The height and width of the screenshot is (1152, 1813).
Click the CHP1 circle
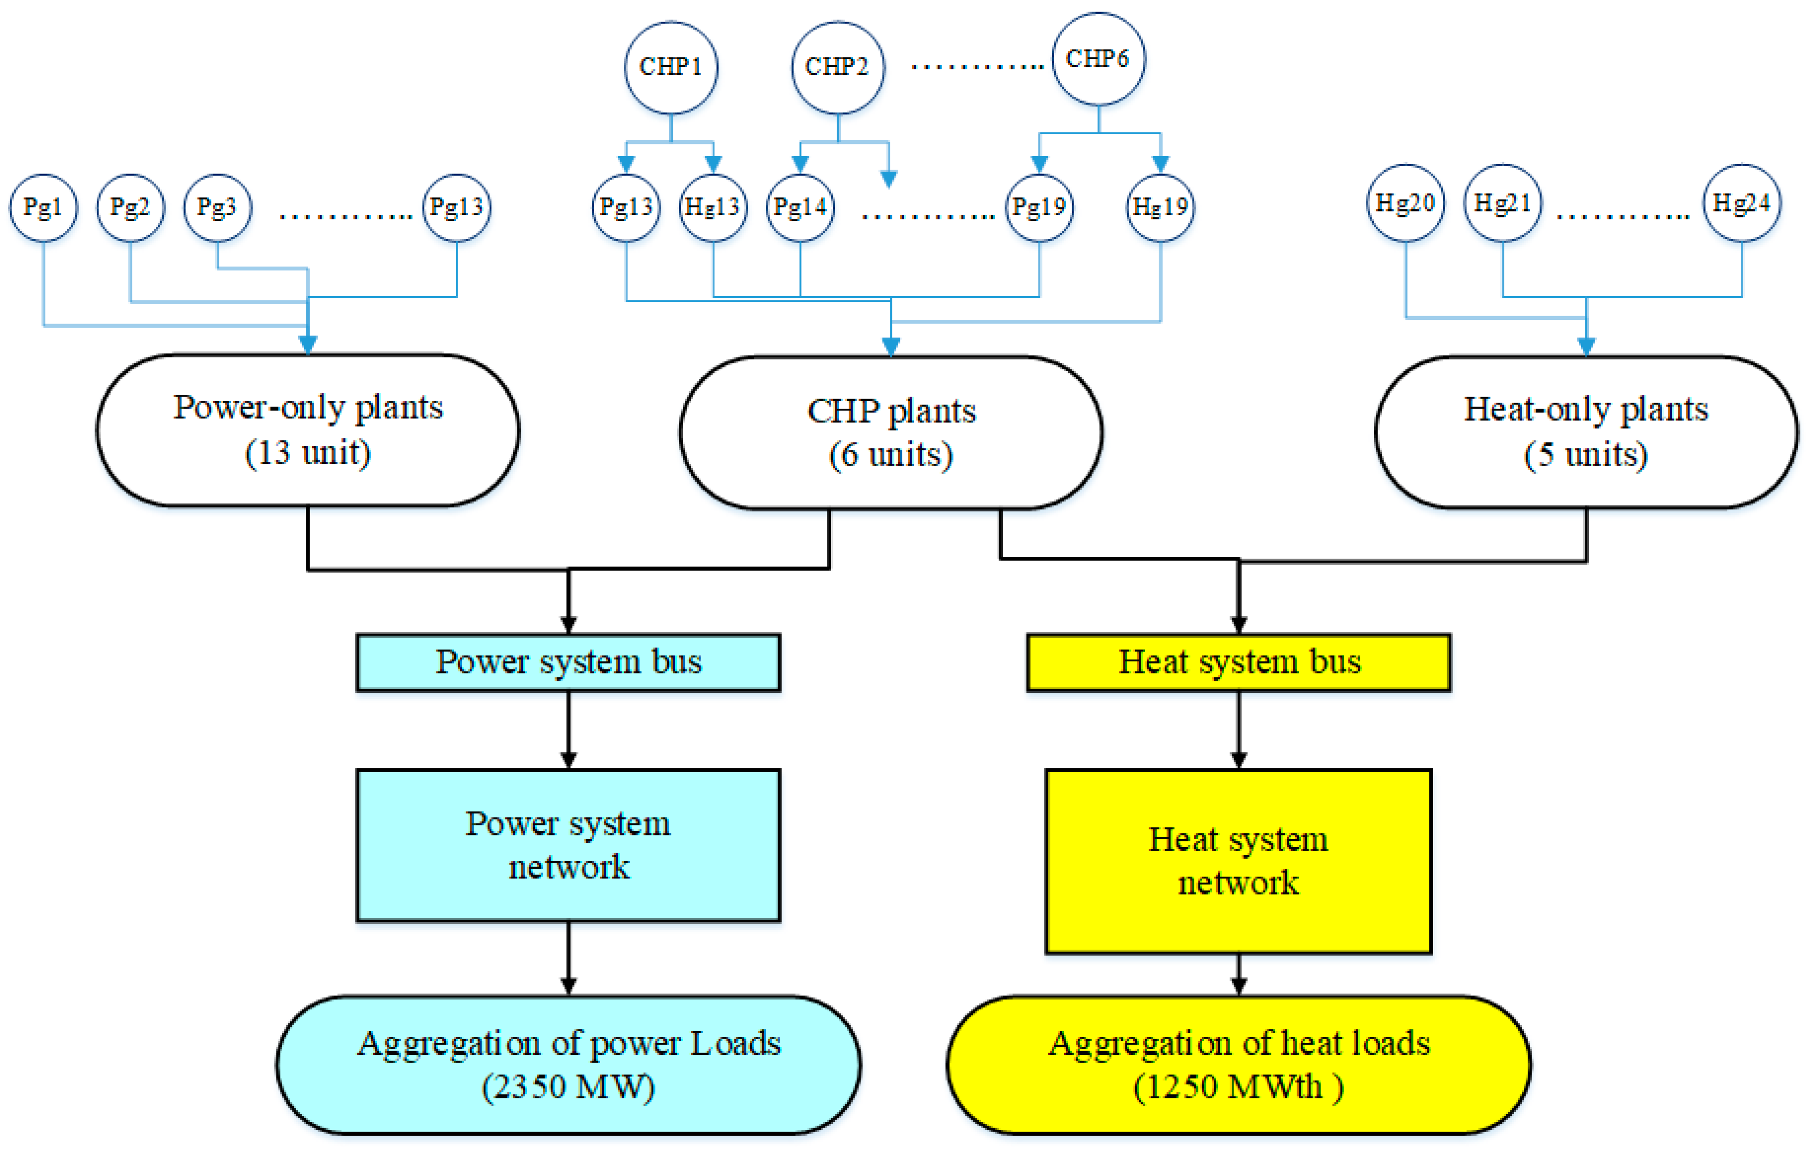(x=671, y=68)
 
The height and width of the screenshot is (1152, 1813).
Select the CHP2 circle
(x=838, y=68)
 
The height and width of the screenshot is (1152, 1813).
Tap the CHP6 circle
(x=1099, y=59)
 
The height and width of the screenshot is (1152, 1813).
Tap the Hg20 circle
(x=1406, y=203)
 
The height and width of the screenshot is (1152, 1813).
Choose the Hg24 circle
(x=1741, y=203)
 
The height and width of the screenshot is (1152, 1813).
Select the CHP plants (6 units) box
(x=891, y=433)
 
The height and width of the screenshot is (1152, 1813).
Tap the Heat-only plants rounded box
(x=1586, y=432)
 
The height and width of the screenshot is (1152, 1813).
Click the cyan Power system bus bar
(x=568, y=663)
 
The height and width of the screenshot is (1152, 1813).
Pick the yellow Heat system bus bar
(x=1239, y=663)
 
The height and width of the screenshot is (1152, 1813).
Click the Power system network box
(x=568, y=845)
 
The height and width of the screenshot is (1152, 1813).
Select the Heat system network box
(x=1239, y=861)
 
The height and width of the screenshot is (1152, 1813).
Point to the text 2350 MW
(x=568, y=1086)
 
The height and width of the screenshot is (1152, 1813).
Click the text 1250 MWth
(x=1235, y=1086)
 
